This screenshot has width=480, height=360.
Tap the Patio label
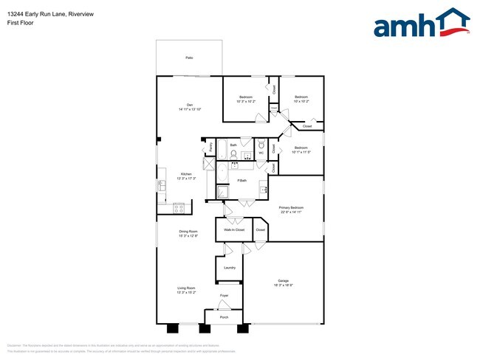click(189, 57)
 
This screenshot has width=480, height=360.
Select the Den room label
click(190, 104)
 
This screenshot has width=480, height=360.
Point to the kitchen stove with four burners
click(178, 208)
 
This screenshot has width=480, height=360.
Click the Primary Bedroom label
click(291, 208)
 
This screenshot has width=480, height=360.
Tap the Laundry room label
click(229, 267)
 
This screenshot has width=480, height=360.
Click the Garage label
click(283, 280)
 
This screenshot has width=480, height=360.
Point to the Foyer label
click(224, 296)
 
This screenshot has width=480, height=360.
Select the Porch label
click(223, 317)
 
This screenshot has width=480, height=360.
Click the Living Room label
click(185, 288)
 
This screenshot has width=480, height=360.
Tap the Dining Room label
click(188, 232)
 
